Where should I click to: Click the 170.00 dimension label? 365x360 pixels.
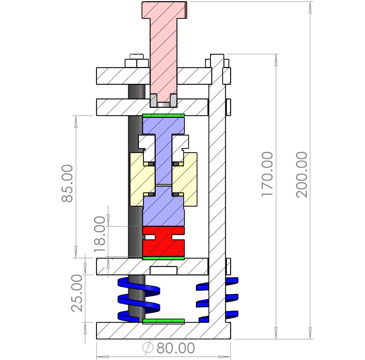[x=267, y=174]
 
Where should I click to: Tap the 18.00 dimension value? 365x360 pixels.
[x=100, y=233]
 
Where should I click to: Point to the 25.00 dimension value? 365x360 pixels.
[x=77, y=293]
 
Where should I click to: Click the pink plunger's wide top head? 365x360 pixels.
[x=165, y=10]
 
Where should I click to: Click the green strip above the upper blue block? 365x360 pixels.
[x=163, y=115]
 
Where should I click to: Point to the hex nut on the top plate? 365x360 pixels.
[x=137, y=63]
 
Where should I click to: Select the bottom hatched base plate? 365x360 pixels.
[x=163, y=331]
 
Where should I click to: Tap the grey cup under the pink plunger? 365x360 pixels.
[x=163, y=101]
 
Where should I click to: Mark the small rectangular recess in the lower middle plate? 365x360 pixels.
[x=163, y=270]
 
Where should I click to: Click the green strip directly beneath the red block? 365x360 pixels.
[x=163, y=258]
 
